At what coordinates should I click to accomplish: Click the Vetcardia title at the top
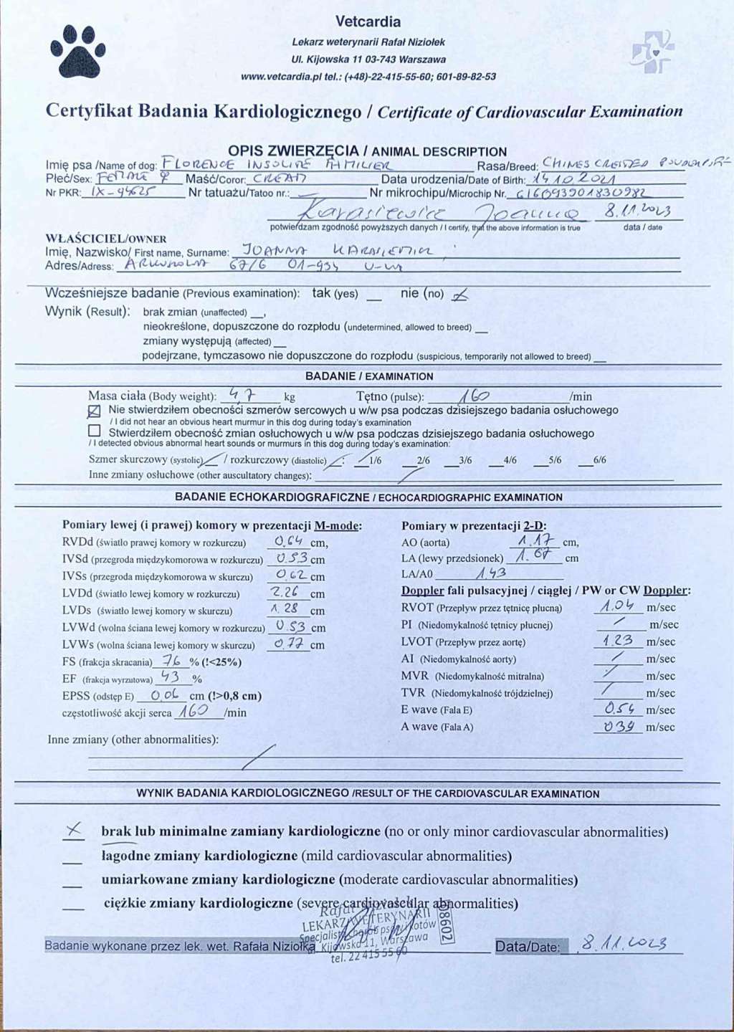[x=368, y=21]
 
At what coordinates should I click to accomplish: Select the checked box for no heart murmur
[x=94, y=411]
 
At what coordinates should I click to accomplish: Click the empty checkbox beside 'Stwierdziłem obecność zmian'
[x=94, y=431]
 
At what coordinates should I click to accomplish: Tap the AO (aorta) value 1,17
[x=534, y=540]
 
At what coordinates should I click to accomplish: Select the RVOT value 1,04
[x=618, y=606]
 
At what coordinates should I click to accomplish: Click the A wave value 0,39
[x=617, y=726]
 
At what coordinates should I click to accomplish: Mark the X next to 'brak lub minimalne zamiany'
[x=72, y=831]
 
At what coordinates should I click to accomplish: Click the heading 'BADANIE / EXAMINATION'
[x=369, y=376]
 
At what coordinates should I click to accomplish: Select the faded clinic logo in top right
[x=652, y=52]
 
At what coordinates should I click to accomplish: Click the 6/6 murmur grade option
[x=599, y=460]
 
